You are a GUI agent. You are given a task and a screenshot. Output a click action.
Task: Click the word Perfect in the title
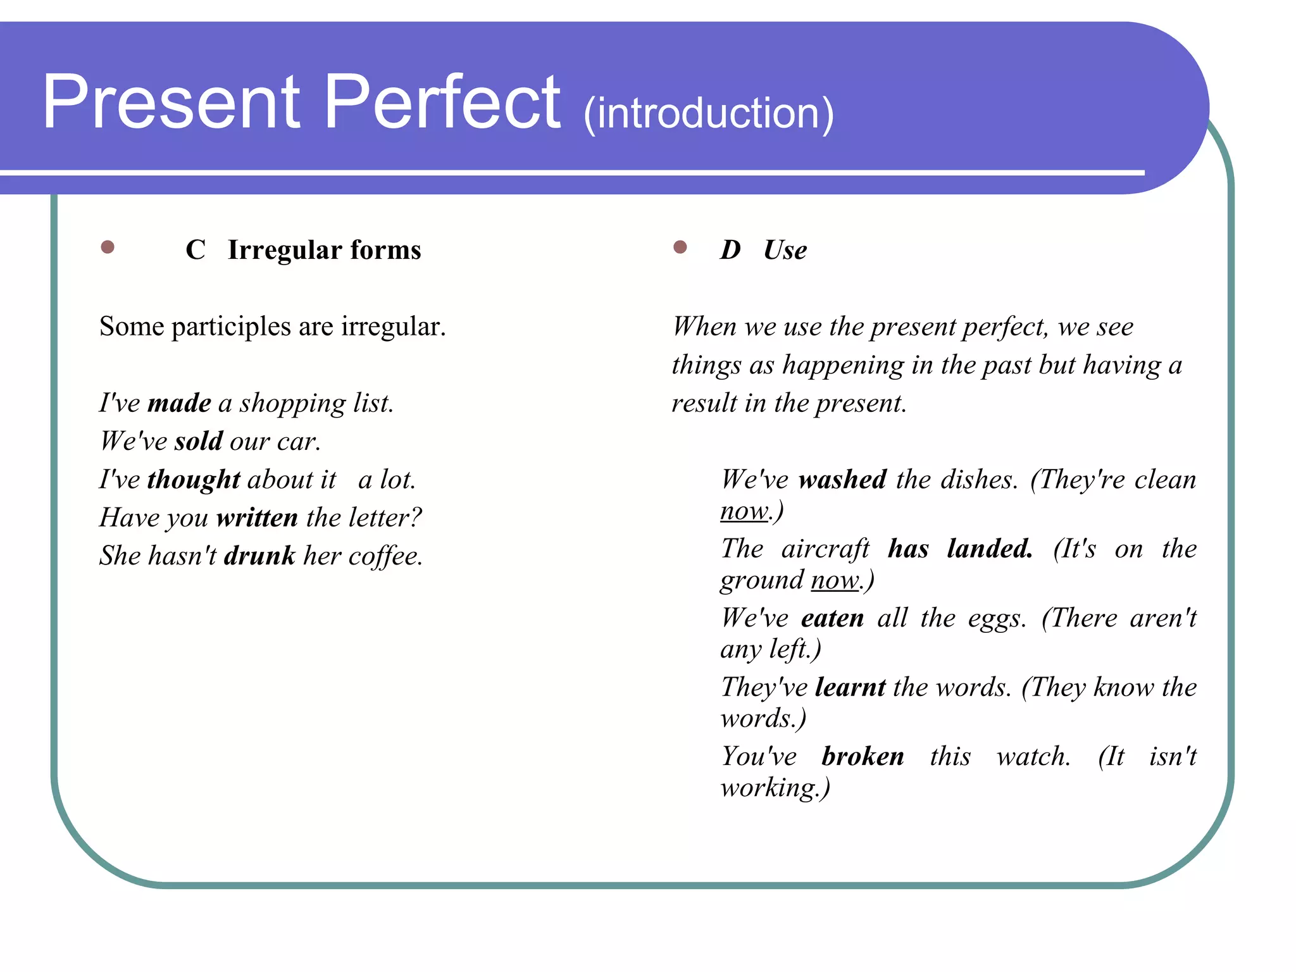[442, 103]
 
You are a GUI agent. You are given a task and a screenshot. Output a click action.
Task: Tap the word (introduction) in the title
[709, 114]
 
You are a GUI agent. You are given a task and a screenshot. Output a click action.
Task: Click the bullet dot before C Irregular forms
[108, 247]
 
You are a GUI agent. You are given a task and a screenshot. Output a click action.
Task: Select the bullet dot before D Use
[680, 247]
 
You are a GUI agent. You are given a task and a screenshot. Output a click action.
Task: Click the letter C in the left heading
[196, 250]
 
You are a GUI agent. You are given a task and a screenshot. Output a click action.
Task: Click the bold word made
[179, 403]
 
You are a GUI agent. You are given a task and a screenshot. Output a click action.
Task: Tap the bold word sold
[199, 441]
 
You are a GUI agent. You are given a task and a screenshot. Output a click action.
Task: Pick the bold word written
[257, 518]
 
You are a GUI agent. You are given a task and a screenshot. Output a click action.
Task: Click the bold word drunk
[259, 556]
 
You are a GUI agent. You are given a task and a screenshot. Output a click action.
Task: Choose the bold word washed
[842, 480]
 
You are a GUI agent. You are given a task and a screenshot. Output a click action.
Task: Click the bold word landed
[990, 549]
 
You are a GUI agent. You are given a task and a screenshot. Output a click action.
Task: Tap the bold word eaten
[832, 618]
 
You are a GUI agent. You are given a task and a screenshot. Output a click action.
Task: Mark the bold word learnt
[850, 687]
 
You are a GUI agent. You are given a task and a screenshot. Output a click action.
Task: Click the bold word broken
[863, 756]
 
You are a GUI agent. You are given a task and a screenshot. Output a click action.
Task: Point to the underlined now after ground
[835, 580]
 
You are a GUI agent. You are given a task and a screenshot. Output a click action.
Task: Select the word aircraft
[825, 549]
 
